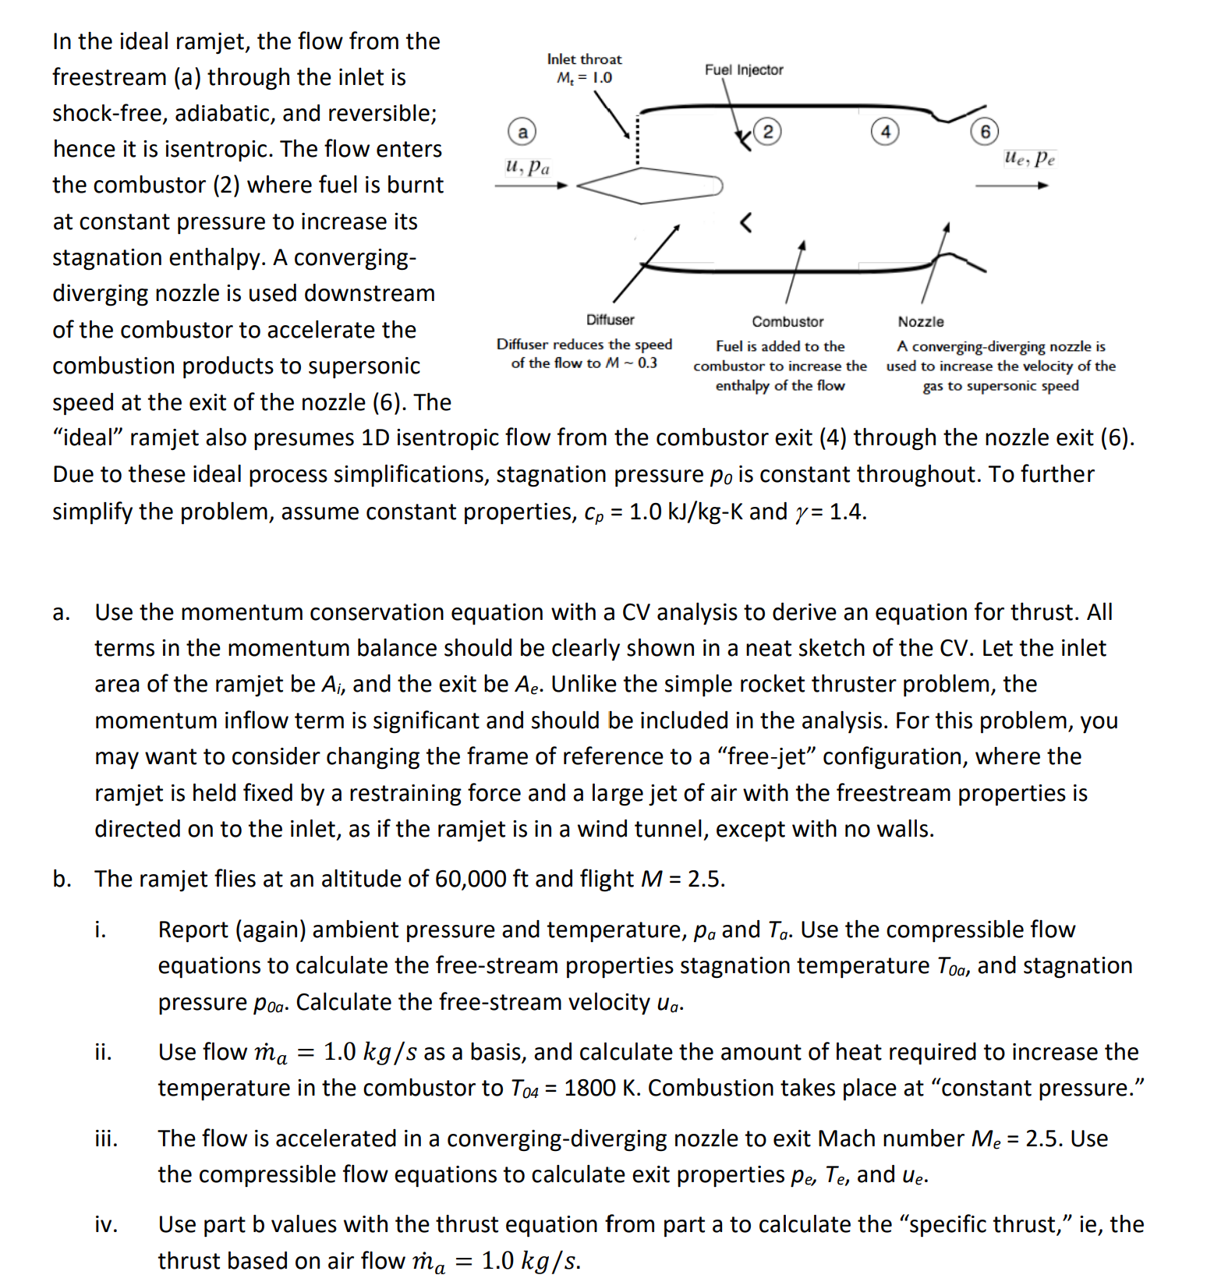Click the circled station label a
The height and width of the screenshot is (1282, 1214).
click(x=522, y=132)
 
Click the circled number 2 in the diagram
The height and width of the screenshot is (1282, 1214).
click(x=767, y=132)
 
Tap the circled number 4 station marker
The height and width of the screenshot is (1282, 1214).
click(x=884, y=132)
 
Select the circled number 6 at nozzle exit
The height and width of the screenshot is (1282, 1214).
click(x=984, y=132)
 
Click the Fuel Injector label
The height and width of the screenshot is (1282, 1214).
click(x=743, y=69)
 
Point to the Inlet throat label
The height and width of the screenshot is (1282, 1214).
click(x=584, y=59)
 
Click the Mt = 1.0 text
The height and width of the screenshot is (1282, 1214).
click(x=584, y=78)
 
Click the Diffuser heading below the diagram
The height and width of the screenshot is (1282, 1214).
click(x=610, y=320)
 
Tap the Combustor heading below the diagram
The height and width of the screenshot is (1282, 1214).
click(x=788, y=321)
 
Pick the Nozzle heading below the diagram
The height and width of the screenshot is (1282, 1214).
click(x=920, y=321)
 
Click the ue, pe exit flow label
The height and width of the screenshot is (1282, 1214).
click(x=1029, y=158)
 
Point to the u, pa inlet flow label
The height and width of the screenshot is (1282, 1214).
click(x=527, y=167)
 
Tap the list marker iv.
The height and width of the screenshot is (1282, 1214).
click(x=105, y=1224)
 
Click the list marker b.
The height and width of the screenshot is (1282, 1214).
click(x=62, y=879)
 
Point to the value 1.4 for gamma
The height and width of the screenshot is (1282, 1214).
click(x=847, y=512)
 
